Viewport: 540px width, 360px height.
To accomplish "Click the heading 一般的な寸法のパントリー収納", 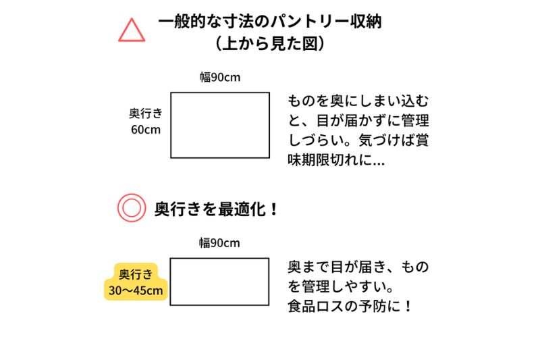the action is pos(270,22).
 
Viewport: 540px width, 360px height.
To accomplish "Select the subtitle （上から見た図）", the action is pos(270,44).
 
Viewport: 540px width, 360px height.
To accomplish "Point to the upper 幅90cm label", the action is pos(220,77).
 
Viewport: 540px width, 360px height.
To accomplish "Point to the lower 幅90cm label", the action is pos(219,243).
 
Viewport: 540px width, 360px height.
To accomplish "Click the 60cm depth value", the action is pos(146,130).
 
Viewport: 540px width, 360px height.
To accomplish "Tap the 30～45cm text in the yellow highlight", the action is pos(136,290).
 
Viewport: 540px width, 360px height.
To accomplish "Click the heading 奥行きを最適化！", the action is pos(216,209).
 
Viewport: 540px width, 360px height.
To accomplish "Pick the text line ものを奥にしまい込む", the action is pos(358,101).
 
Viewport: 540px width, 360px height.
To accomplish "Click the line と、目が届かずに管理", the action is pos(358,121).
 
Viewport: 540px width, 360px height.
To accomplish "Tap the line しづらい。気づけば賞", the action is pos(358,140).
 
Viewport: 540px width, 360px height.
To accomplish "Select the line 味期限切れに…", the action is pos(336,160).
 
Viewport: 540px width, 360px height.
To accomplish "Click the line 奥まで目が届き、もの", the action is pos(358,267).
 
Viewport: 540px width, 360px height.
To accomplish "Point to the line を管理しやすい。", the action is pos(341,286).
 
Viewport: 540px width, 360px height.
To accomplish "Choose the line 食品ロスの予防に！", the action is pos(350,306).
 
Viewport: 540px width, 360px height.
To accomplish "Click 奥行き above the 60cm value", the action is pos(146,113).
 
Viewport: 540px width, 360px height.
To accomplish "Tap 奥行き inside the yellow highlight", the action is pos(136,274).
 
